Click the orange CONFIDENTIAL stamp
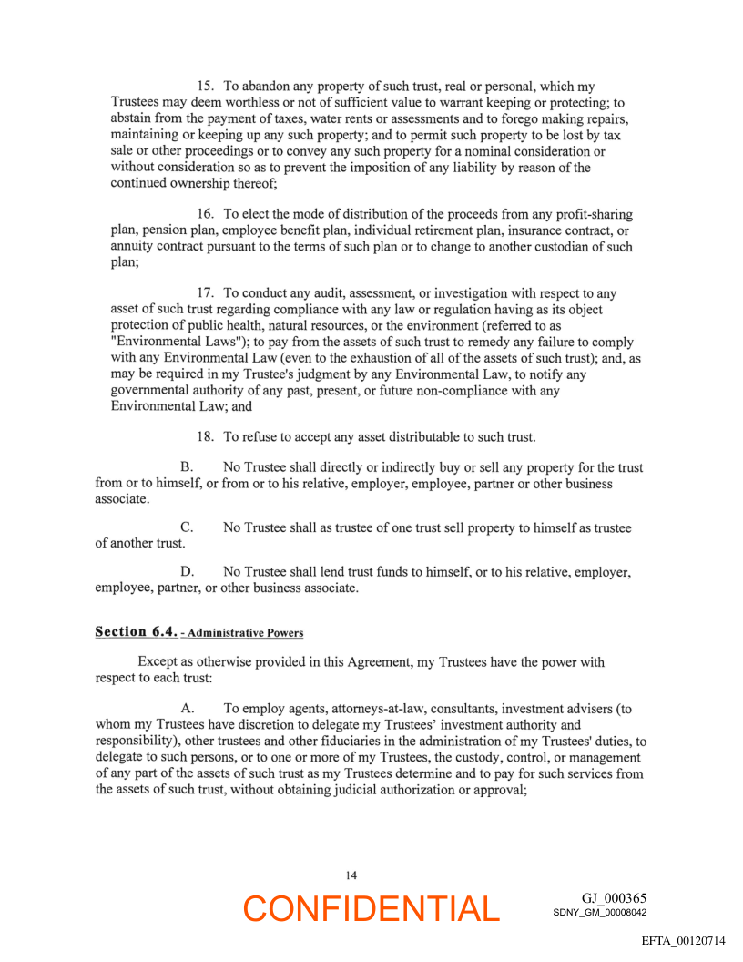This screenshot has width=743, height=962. coord(371,908)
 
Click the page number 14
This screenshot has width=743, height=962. coord(351,875)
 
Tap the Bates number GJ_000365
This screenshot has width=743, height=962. coord(614,898)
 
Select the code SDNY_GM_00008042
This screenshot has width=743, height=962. coord(599,912)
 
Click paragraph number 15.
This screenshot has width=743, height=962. coord(206,87)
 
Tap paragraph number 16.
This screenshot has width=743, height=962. coord(206,214)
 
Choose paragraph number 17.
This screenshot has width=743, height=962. coord(206,293)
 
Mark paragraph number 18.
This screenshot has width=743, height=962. coord(206,436)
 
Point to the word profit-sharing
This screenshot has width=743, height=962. coord(590,214)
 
